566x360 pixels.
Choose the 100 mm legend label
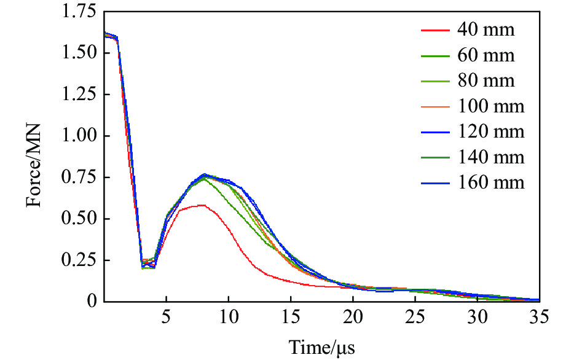point(490,106)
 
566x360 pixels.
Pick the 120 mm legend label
point(490,132)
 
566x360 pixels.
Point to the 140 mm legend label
point(490,157)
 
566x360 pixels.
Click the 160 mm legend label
point(490,183)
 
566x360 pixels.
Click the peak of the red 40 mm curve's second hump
point(201,205)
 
